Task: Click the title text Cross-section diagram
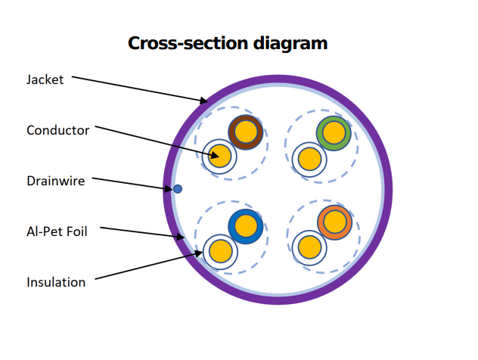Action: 228,43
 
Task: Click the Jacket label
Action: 45,79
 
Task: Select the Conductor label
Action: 57,130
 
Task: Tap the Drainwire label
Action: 55,181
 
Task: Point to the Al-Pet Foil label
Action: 57,231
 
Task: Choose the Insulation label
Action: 56,282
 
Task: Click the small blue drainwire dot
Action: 178,188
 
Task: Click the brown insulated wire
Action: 246,133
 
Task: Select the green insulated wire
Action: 334,133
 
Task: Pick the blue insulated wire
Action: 246,226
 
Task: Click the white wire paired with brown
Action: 220,157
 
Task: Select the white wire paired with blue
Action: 220,249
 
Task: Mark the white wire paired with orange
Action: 309,247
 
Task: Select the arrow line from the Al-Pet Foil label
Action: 144,233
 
